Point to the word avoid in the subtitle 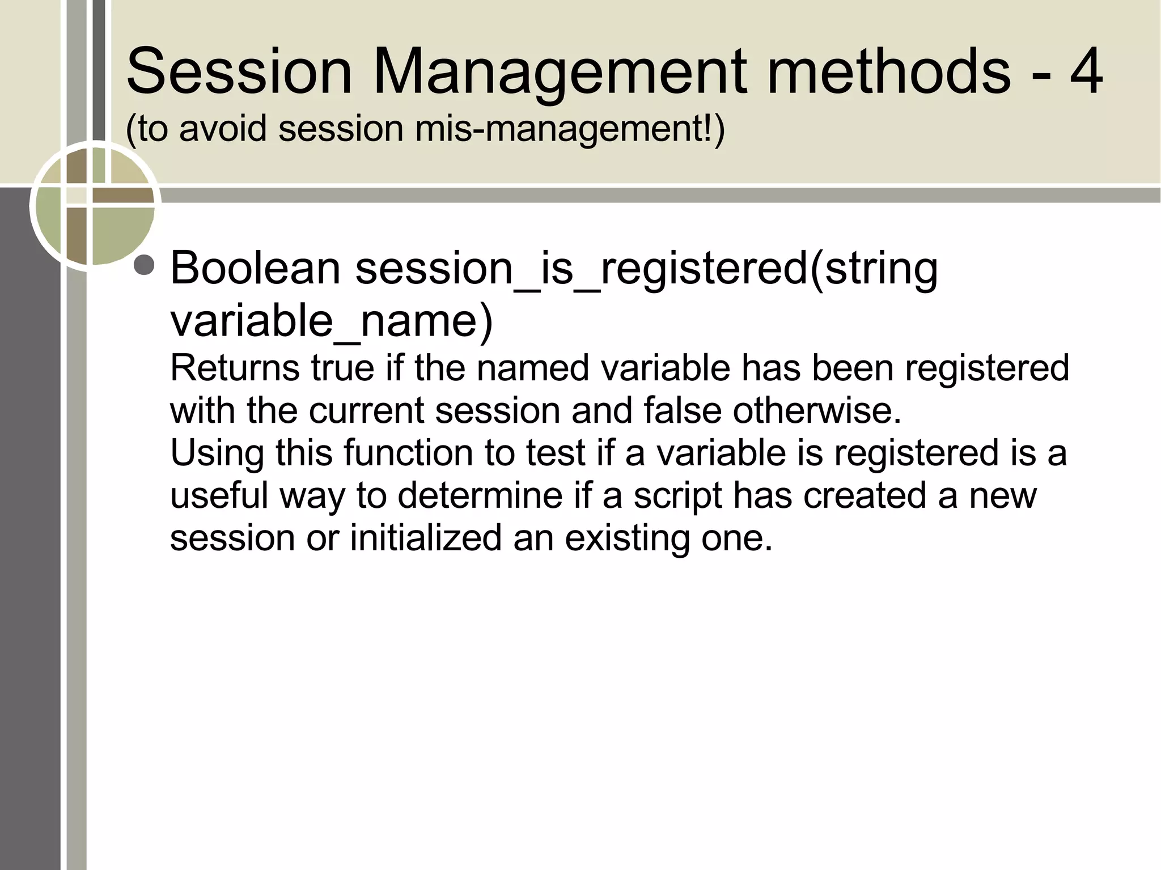coord(223,129)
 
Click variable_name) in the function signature coord(332,321)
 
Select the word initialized coord(426,538)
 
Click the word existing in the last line coord(626,538)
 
